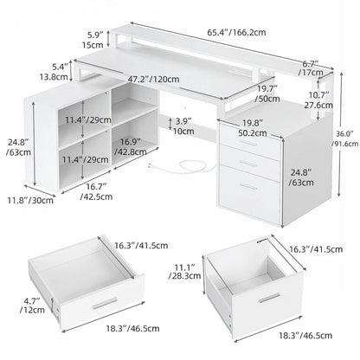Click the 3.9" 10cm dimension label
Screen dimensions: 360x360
(183, 125)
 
